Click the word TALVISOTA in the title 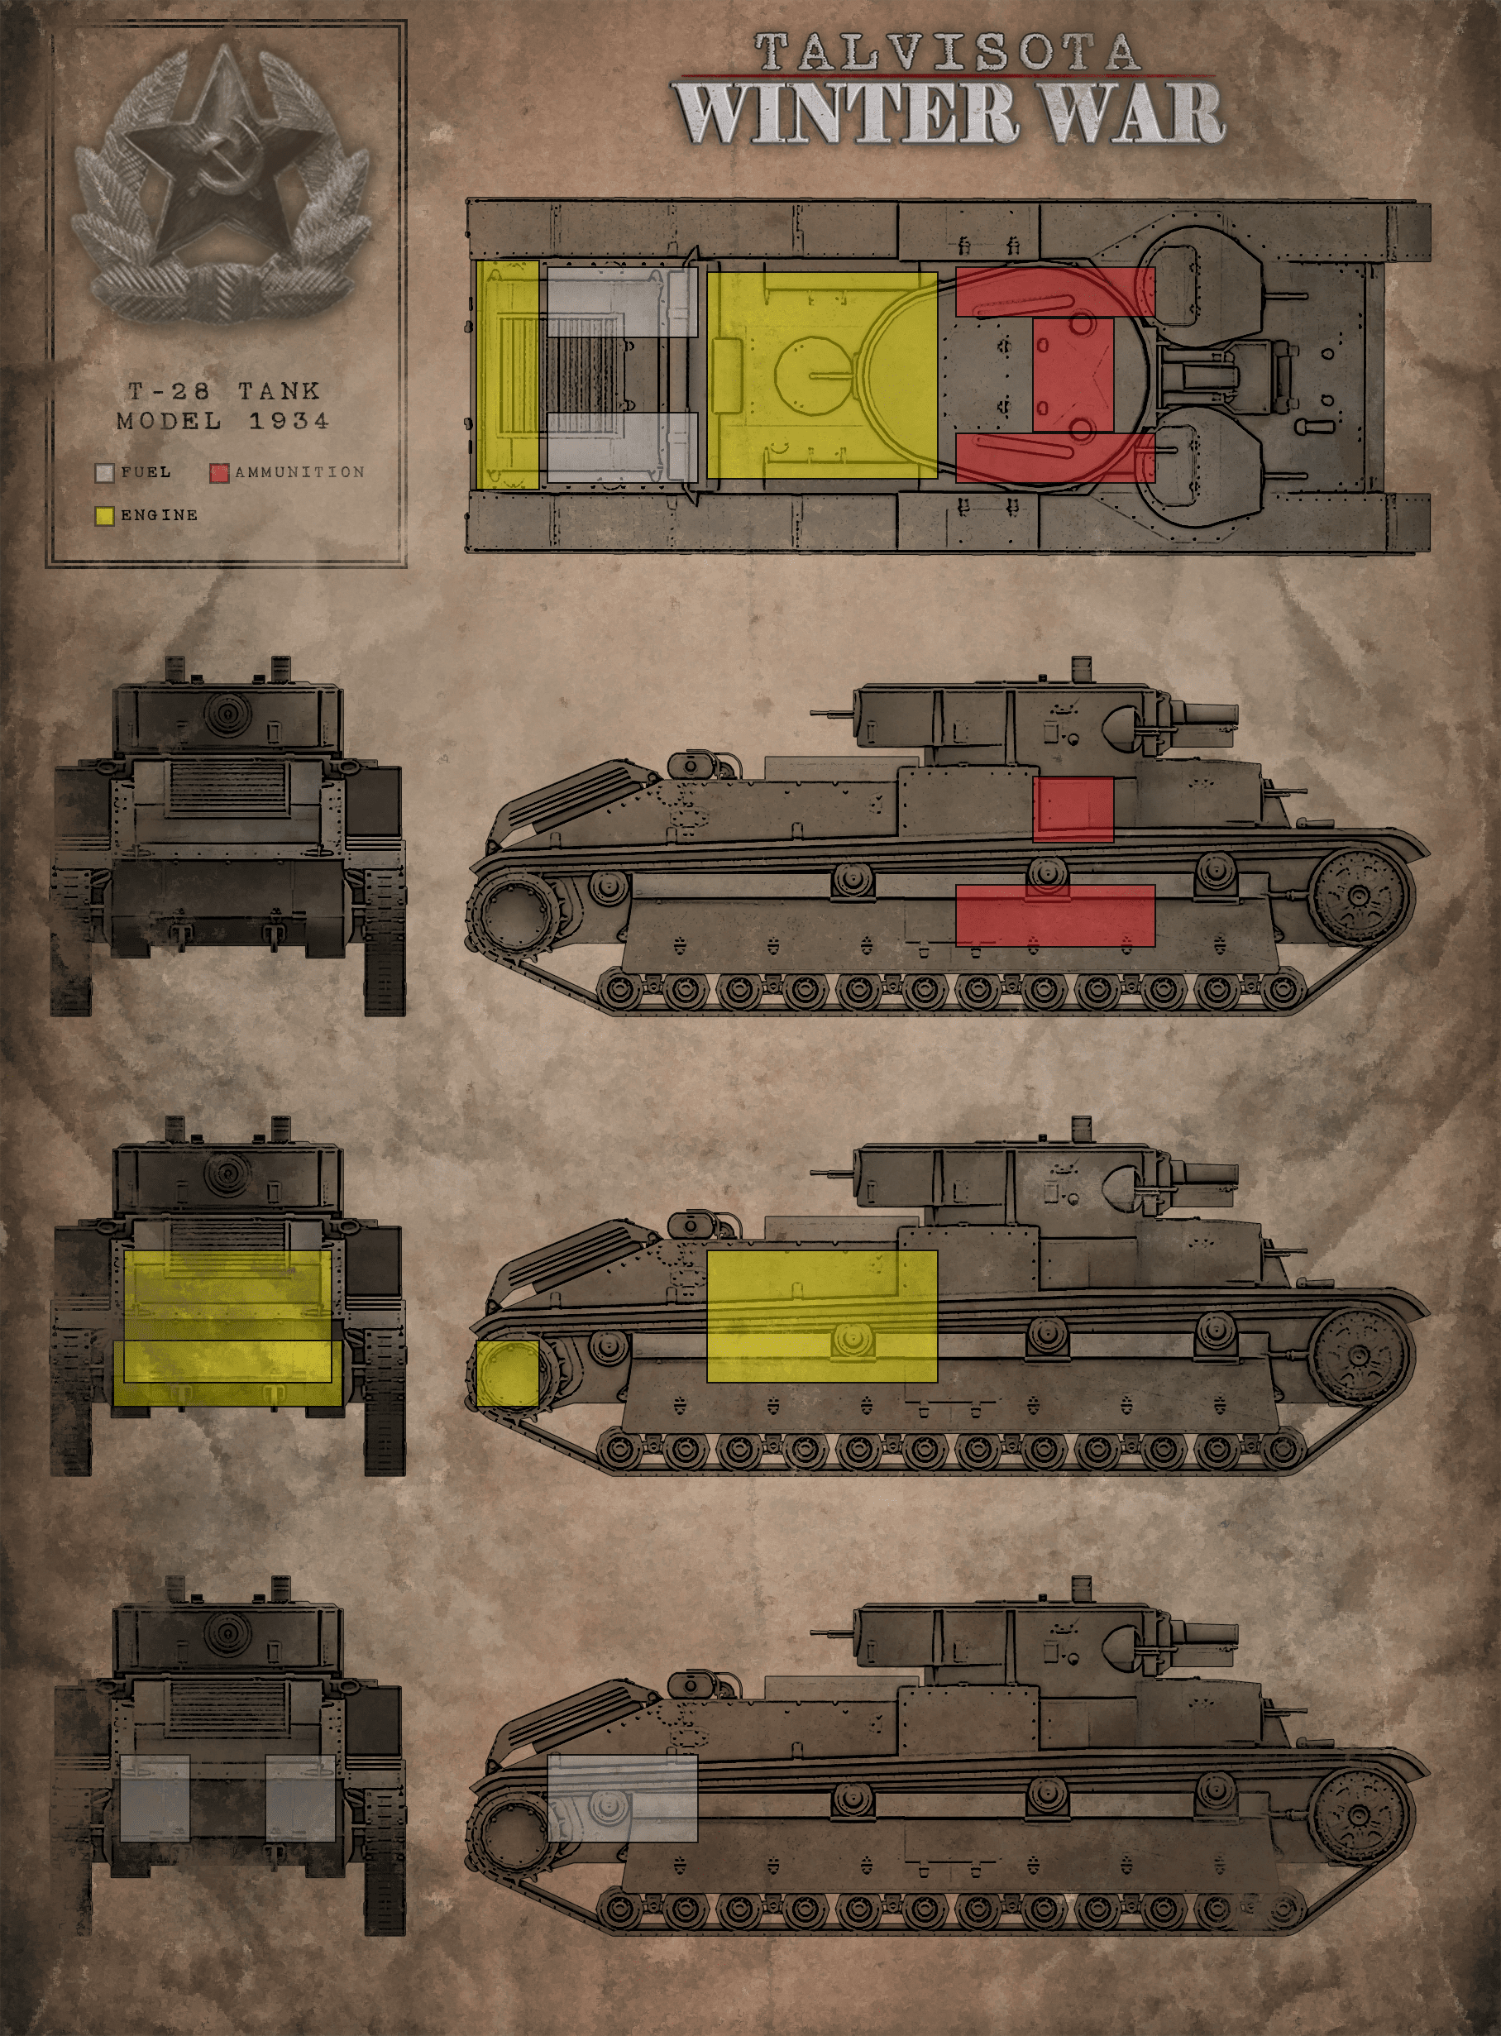click(x=947, y=52)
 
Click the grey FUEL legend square click(x=104, y=472)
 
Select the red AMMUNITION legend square click(x=219, y=472)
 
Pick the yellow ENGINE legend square click(x=104, y=515)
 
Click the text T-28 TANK click(x=223, y=390)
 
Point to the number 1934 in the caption click(x=289, y=421)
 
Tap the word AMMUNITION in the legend click(x=300, y=472)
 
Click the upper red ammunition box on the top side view click(x=1073, y=810)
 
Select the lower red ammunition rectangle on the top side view click(x=1055, y=915)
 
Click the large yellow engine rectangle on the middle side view click(x=821, y=1317)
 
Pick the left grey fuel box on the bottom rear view click(x=155, y=1798)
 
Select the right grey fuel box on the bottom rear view click(x=301, y=1798)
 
